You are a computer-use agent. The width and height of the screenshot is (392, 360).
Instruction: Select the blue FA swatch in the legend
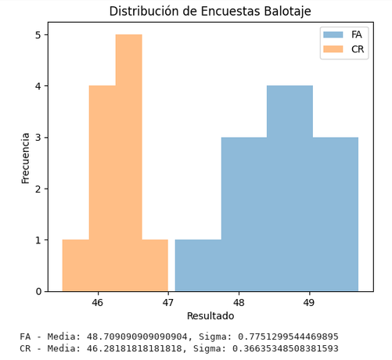click(333, 34)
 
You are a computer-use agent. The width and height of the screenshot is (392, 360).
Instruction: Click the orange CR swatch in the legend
click(333, 49)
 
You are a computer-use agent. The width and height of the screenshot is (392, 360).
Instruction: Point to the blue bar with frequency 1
click(198, 265)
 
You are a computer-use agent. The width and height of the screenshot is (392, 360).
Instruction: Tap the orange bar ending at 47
click(155, 265)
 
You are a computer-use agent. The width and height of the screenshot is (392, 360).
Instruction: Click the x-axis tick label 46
click(98, 302)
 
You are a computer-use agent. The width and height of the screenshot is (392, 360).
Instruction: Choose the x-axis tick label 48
click(239, 302)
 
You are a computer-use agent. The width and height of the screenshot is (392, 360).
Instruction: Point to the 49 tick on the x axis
click(309, 302)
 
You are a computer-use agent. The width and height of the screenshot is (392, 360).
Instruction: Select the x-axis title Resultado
click(210, 316)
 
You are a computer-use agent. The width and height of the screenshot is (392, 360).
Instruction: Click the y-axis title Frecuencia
click(26, 157)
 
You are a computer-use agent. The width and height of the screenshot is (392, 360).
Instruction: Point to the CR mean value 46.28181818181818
click(138, 348)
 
